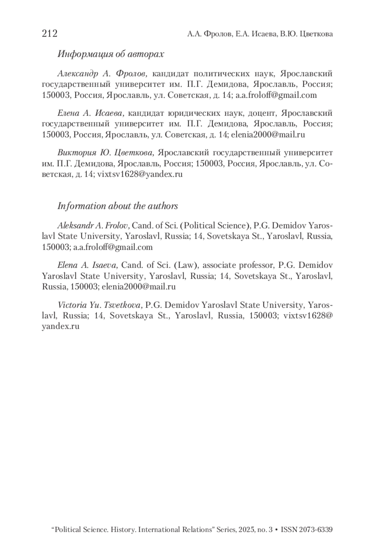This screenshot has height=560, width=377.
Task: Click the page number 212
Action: point(50,33)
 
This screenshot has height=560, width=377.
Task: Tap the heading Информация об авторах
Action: point(111,54)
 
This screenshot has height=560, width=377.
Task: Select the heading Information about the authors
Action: point(117,206)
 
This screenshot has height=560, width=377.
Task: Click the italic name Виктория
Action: point(77,153)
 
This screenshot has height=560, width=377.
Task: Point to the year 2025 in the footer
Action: point(247,530)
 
